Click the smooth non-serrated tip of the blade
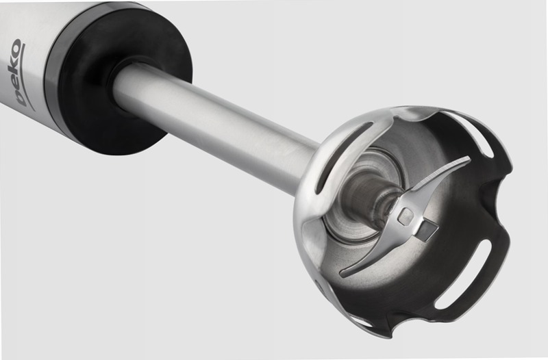coord(349,272)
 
